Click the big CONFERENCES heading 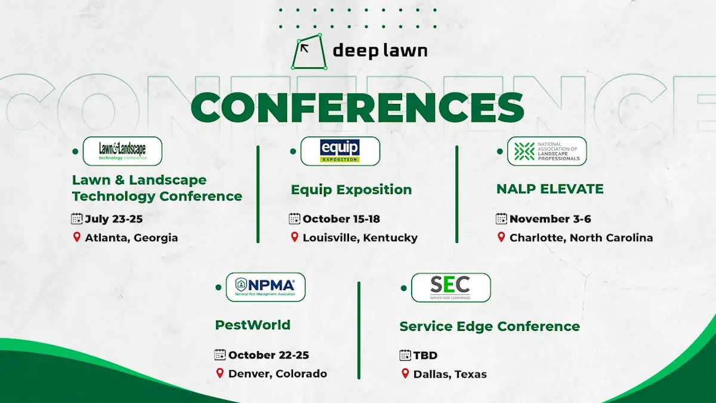coord(357,107)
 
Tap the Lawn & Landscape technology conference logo coord(122,151)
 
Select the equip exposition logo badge coord(340,151)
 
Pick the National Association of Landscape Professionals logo coord(547,151)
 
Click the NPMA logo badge coord(266,287)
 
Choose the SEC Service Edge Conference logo coord(450,287)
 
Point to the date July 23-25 coord(113,219)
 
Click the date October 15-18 coord(341,219)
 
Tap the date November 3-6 coord(550,219)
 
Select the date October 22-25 coord(268,355)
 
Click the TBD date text coord(425,355)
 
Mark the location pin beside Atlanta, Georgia coord(76,237)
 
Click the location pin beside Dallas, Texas coord(405,374)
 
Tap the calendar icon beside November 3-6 coord(501,219)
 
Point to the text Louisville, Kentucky coord(360,238)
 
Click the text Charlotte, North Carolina coord(581,238)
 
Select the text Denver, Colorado coord(277,374)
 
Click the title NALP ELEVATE coord(550,189)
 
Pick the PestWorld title coord(252,325)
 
